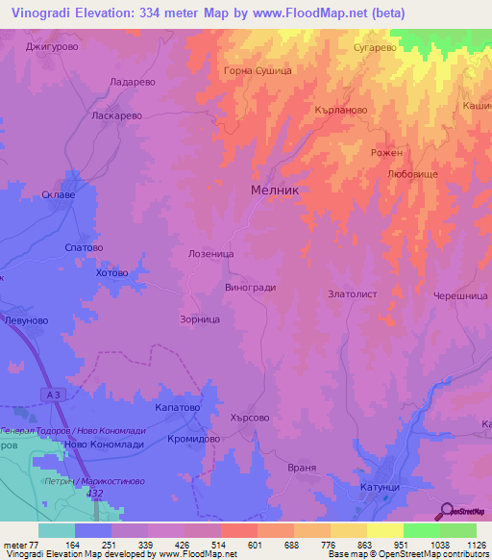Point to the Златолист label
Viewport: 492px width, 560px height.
point(353,294)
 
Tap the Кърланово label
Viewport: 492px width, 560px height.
point(341,110)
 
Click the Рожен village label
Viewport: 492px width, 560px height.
point(386,153)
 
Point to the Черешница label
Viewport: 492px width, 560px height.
point(460,296)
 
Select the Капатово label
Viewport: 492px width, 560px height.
point(177,408)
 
